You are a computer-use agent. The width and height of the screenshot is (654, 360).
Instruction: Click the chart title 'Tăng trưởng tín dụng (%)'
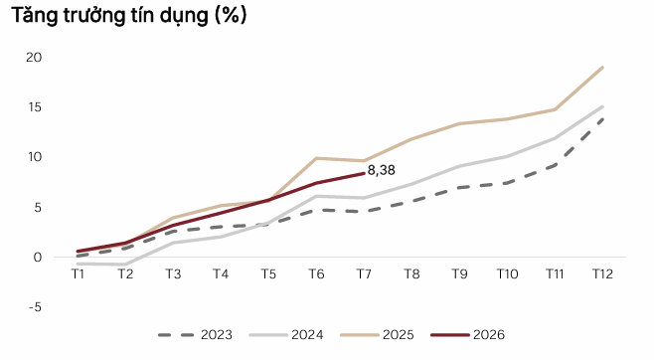(129, 16)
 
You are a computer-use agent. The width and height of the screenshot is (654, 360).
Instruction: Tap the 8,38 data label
(382, 170)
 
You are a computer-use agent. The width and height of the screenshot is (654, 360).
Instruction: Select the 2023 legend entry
(195, 334)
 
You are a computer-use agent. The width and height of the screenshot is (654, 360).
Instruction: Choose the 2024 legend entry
(286, 334)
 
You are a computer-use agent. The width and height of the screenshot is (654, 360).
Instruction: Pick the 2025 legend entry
(377, 334)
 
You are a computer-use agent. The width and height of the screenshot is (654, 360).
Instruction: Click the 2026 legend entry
(467, 334)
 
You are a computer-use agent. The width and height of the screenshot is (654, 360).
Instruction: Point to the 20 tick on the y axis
(34, 57)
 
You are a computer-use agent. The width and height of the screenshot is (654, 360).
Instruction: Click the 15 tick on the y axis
(35, 107)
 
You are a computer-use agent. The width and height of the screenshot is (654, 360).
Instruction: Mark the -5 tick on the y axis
(35, 307)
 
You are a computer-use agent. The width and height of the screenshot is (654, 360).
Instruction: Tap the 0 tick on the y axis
(38, 258)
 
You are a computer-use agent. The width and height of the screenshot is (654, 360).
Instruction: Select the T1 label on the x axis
(78, 274)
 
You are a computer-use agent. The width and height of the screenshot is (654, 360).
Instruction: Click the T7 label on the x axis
(364, 274)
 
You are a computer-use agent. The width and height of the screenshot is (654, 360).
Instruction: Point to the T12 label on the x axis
(602, 274)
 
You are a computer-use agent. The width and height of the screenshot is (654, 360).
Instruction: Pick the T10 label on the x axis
(507, 274)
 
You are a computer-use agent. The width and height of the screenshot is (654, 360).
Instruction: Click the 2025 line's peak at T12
(602, 68)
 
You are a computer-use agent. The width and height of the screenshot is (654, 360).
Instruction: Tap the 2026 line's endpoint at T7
(364, 173)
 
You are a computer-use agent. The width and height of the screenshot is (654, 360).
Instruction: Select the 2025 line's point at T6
(316, 158)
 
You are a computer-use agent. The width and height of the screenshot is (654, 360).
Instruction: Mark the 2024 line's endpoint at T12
(602, 106)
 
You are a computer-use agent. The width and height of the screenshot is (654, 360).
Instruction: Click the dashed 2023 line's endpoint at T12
(602, 119)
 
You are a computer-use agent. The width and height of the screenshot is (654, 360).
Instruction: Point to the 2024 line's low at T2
(125, 265)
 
